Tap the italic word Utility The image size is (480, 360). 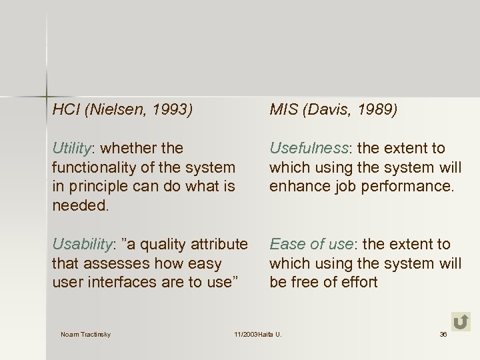click(73, 148)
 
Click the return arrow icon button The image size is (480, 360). click(460, 322)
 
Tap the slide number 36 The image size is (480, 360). click(443, 334)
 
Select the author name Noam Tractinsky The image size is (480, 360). click(85, 334)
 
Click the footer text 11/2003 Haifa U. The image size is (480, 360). click(258, 334)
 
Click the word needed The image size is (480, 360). click(79, 205)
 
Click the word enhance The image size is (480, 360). click(294, 186)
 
